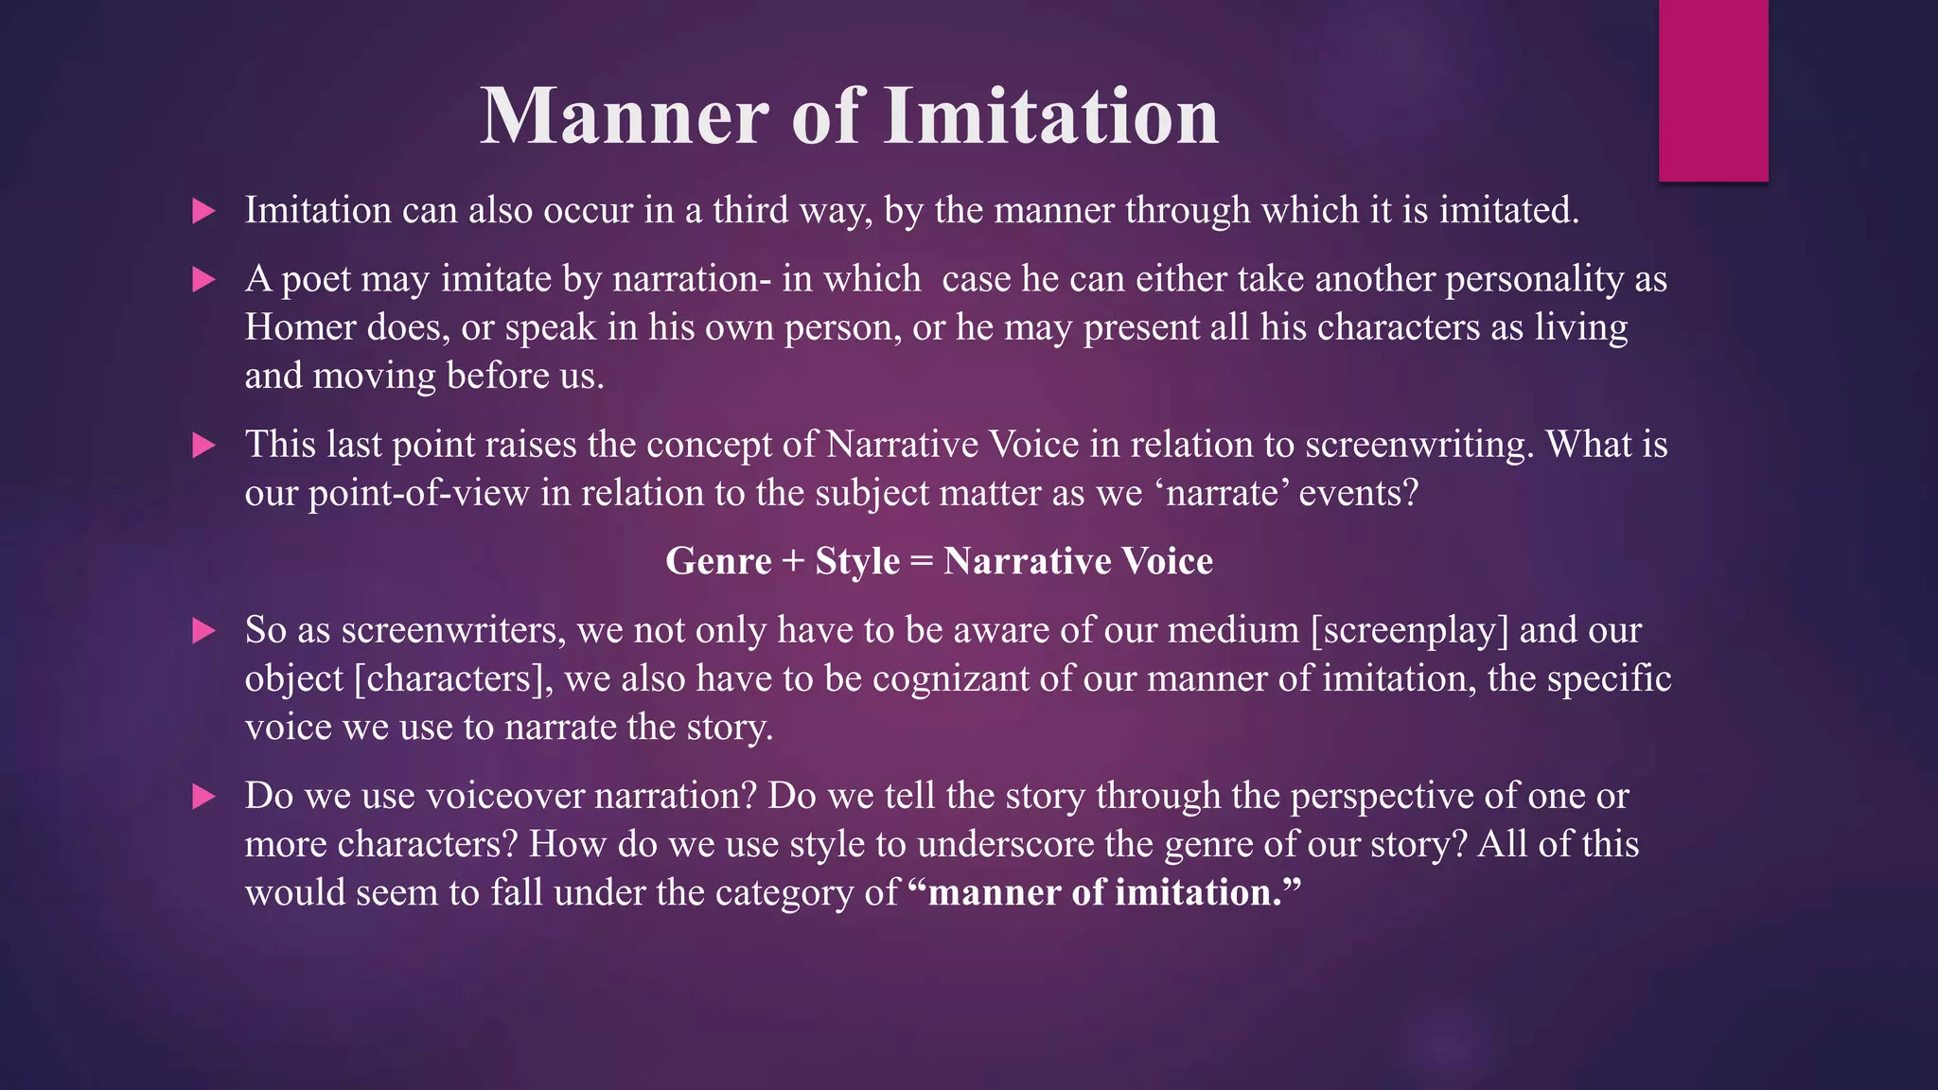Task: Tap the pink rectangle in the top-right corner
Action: coord(1713,91)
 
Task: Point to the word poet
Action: coord(316,280)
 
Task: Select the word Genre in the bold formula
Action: coord(718,561)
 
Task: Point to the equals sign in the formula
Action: coord(921,561)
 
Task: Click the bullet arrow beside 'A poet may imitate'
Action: coord(203,280)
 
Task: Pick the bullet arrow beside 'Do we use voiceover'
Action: coord(203,797)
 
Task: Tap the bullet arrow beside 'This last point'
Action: coord(203,446)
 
